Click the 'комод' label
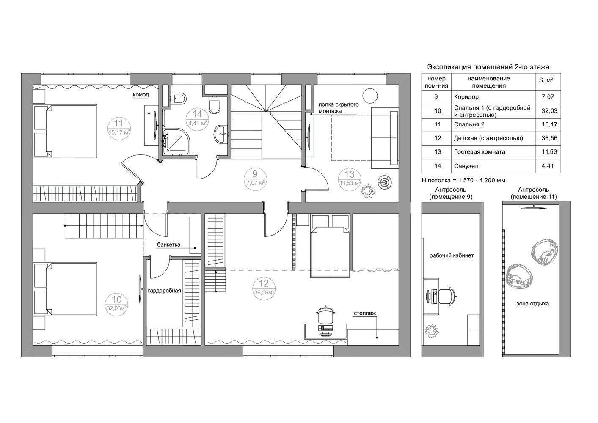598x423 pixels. coord(141,95)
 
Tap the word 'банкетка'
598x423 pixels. coord(169,244)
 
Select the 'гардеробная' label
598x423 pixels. coord(165,291)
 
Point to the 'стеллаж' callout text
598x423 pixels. coord(365,313)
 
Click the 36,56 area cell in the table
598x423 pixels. coord(549,138)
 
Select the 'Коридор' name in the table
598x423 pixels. coord(466,97)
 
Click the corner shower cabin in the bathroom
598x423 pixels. coord(176,141)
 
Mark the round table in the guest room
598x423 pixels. coord(370,96)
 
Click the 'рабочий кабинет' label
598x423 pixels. coord(452,255)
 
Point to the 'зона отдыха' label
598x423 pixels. coord(532,303)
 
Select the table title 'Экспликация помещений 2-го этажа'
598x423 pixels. coord(488,67)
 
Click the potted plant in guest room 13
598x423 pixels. coord(368,191)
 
